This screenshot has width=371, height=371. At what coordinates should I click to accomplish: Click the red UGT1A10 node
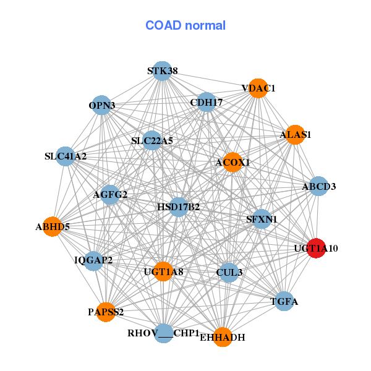click(x=317, y=249)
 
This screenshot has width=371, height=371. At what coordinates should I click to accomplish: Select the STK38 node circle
click(x=162, y=71)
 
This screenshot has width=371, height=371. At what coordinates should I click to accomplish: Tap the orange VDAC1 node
click(x=258, y=88)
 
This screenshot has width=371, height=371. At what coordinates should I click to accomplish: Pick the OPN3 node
click(x=102, y=105)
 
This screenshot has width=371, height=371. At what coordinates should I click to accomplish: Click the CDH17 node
click(x=205, y=102)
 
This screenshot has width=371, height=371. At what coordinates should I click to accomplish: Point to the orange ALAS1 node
click(x=296, y=134)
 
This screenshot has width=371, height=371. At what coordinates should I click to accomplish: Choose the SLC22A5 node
click(x=151, y=141)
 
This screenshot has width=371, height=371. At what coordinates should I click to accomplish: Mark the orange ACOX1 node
click(x=232, y=163)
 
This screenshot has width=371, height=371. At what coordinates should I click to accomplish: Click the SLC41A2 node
click(x=66, y=156)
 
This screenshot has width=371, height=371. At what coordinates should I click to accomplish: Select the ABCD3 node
click(x=318, y=186)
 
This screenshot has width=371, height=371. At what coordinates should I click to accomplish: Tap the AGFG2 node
click(x=109, y=195)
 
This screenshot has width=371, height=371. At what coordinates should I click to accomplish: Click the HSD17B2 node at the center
click(x=179, y=207)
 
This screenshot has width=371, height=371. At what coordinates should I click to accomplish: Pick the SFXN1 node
click(x=262, y=219)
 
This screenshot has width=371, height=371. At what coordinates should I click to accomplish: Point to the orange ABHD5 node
click(x=53, y=226)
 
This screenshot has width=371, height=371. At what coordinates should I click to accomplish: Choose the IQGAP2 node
click(x=93, y=260)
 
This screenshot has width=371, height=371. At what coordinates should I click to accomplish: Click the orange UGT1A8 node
click(x=163, y=271)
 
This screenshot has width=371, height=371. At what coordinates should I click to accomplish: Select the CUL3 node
click(x=229, y=272)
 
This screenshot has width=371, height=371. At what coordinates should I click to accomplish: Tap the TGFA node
click(x=284, y=302)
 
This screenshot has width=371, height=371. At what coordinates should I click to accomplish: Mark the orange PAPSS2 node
click(x=105, y=312)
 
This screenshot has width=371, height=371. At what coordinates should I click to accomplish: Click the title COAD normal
click(x=185, y=25)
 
